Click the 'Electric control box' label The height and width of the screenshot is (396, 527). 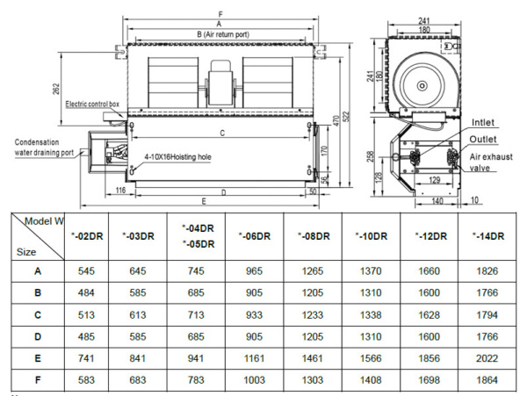click(92, 104)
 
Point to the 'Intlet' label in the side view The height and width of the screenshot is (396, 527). click(484, 122)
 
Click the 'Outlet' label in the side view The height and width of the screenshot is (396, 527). click(485, 139)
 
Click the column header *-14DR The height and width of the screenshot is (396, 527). click(487, 235)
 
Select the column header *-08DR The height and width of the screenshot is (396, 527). click(314, 235)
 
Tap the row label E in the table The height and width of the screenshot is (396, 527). click(37, 357)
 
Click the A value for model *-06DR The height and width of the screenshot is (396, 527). click(252, 271)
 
